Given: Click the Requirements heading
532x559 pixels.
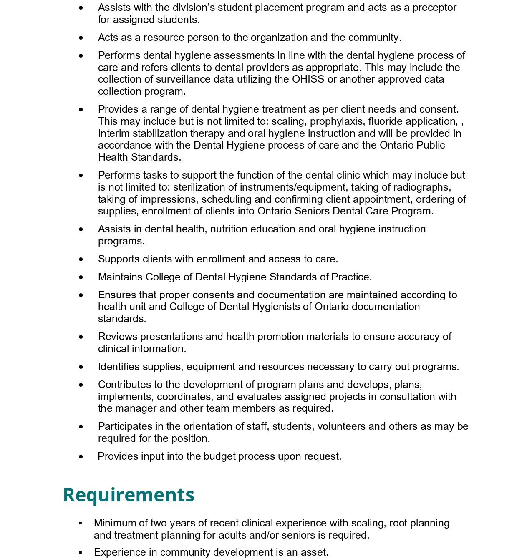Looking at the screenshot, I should [x=129, y=495].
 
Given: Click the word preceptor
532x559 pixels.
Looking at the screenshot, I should [x=434, y=8].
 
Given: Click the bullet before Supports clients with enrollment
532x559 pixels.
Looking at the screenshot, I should [x=81, y=259].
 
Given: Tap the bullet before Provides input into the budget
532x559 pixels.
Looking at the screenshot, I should [x=81, y=457].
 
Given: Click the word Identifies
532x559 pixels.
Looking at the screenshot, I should [x=119, y=367].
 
